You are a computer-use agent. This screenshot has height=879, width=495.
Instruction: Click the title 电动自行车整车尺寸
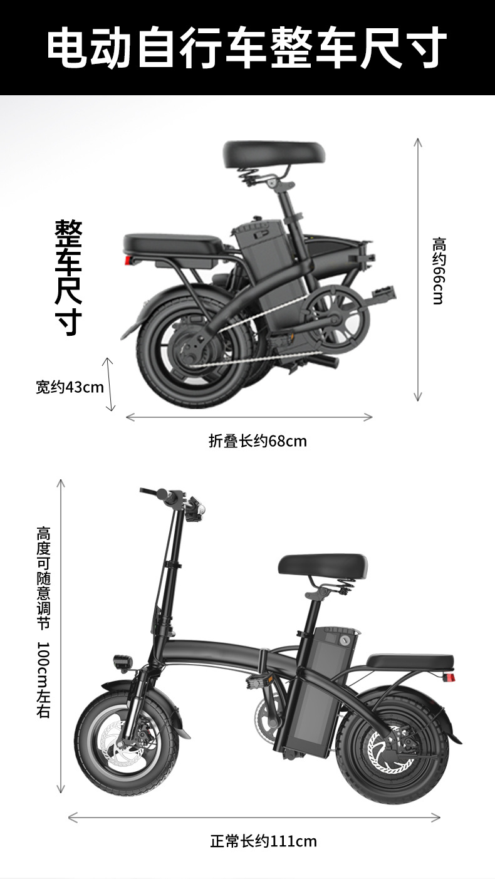tap(247, 48)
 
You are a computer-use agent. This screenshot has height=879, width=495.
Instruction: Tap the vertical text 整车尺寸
tap(68, 278)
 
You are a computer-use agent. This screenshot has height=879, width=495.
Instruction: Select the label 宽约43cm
tap(70, 387)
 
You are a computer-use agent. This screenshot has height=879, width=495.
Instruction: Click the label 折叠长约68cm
tap(258, 441)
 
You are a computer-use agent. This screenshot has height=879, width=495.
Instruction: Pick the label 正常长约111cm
tap(263, 841)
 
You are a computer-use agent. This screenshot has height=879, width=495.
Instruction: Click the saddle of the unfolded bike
tap(323, 566)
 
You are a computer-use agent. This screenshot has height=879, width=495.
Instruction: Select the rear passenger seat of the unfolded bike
tap(410, 660)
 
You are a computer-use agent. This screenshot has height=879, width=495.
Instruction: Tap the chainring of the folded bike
tap(338, 316)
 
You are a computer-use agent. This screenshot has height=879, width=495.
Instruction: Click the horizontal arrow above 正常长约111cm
tap(254, 817)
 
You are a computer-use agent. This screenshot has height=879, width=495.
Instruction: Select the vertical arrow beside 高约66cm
tap(418, 269)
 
